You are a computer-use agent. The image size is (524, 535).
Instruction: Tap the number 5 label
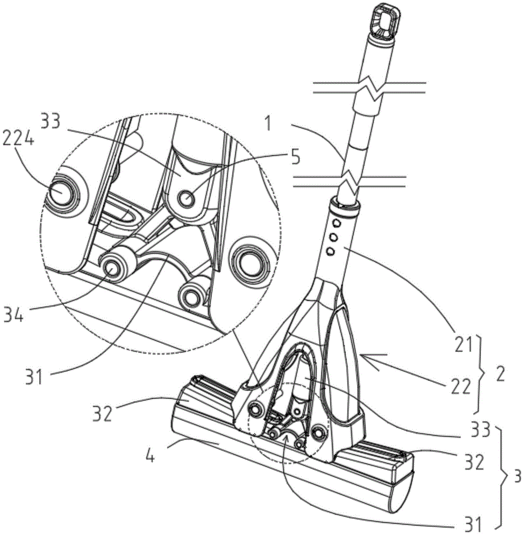pos(296,159)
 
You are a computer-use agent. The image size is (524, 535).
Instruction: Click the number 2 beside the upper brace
pos(500,373)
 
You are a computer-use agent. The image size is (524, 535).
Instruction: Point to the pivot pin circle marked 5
pos(186,200)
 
